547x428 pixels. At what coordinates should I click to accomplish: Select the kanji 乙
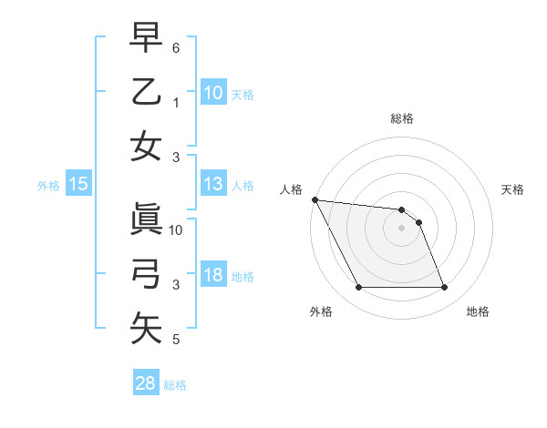click(x=146, y=92)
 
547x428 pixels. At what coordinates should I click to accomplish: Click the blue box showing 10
click(x=213, y=92)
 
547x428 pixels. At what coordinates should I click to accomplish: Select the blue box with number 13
click(x=213, y=184)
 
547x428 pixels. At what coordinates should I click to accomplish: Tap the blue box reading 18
click(x=213, y=275)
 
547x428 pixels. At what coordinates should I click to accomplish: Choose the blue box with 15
click(x=78, y=184)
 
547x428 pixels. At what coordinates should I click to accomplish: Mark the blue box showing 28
click(x=146, y=383)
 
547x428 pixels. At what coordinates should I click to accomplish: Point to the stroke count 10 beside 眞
click(x=177, y=229)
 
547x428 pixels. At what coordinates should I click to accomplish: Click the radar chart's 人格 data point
click(x=315, y=199)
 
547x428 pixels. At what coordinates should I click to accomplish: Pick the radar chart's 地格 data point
click(x=444, y=288)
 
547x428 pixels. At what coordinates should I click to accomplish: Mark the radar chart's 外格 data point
click(x=358, y=288)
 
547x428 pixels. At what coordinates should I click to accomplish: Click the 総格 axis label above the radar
click(x=402, y=118)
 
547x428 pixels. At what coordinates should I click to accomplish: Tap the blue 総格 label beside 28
click(x=175, y=385)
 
